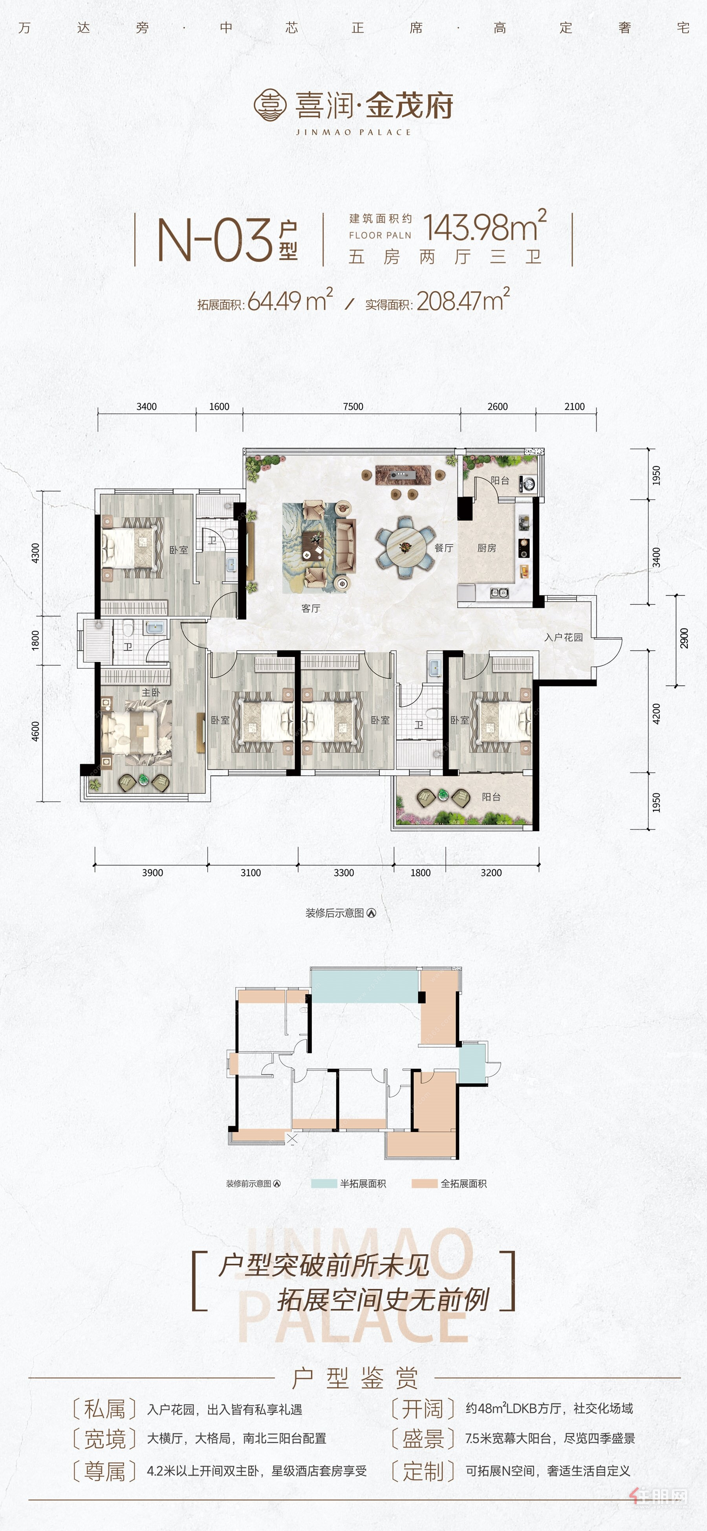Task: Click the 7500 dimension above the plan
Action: [x=353, y=406]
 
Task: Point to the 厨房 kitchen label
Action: [x=487, y=548]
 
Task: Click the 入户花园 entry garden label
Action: [x=564, y=637]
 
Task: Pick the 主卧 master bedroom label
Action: [x=151, y=692]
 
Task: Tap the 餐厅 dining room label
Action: [x=444, y=548]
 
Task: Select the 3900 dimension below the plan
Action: [x=152, y=872]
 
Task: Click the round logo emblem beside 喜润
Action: [x=270, y=105]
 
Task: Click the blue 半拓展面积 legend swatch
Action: [x=324, y=1183]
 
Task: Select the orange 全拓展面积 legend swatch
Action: [x=424, y=1183]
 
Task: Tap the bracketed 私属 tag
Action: [x=104, y=1408]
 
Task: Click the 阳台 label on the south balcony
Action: [x=491, y=797]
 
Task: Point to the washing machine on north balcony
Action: [x=527, y=484]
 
